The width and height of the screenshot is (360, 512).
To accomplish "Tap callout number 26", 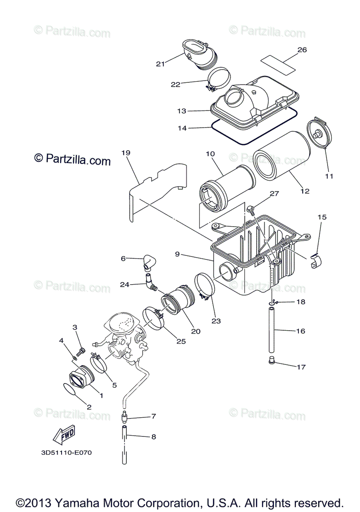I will pos(302,50).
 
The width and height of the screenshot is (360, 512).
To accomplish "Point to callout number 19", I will pos(125,153).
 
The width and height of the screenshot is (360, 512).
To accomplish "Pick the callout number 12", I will pos(304,191).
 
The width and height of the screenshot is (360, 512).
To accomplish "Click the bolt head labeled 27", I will pos(251,209).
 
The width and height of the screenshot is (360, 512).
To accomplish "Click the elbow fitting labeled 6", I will pos(149,262).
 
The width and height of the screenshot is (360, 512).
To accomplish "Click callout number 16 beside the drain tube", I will pos(301,331).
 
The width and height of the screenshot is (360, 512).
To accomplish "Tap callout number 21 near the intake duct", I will pos(160,64).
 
